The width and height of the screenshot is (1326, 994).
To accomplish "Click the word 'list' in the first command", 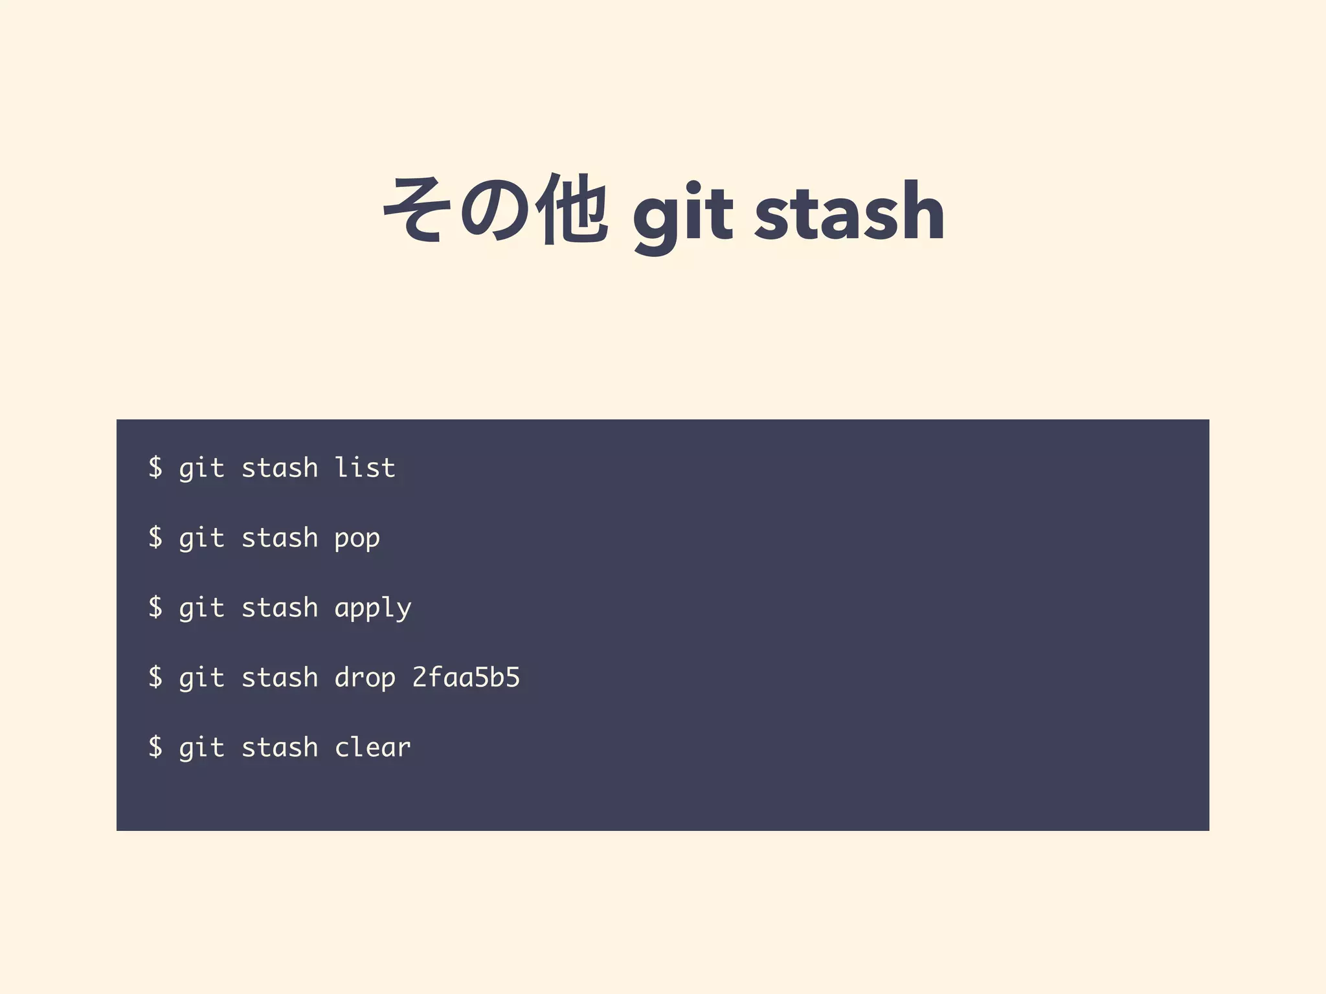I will (x=365, y=468).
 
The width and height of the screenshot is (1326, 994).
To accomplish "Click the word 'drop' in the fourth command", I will (x=365, y=678).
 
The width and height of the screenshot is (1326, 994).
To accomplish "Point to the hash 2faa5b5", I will (x=466, y=678).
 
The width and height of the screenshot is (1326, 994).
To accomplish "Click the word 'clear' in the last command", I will (x=372, y=748).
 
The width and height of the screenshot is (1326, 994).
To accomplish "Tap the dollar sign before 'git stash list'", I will (x=155, y=467).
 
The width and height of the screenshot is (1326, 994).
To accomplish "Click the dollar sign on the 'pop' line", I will (x=155, y=537).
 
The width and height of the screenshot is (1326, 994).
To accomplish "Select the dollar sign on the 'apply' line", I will (x=155, y=607).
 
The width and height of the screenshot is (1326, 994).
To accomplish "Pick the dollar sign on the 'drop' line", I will (x=155, y=677).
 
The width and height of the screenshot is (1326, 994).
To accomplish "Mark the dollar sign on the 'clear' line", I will (x=155, y=747).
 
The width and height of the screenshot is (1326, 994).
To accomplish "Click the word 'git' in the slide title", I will (x=682, y=214).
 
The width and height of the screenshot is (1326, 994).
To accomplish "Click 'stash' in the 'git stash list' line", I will (x=279, y=468).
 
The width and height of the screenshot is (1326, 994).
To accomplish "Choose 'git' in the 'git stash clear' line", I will (x=201, y=748).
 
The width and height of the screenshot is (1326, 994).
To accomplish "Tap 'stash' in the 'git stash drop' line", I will (x=279, y=678).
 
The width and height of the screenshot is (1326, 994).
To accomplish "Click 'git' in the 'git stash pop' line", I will (x=201, y=538).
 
